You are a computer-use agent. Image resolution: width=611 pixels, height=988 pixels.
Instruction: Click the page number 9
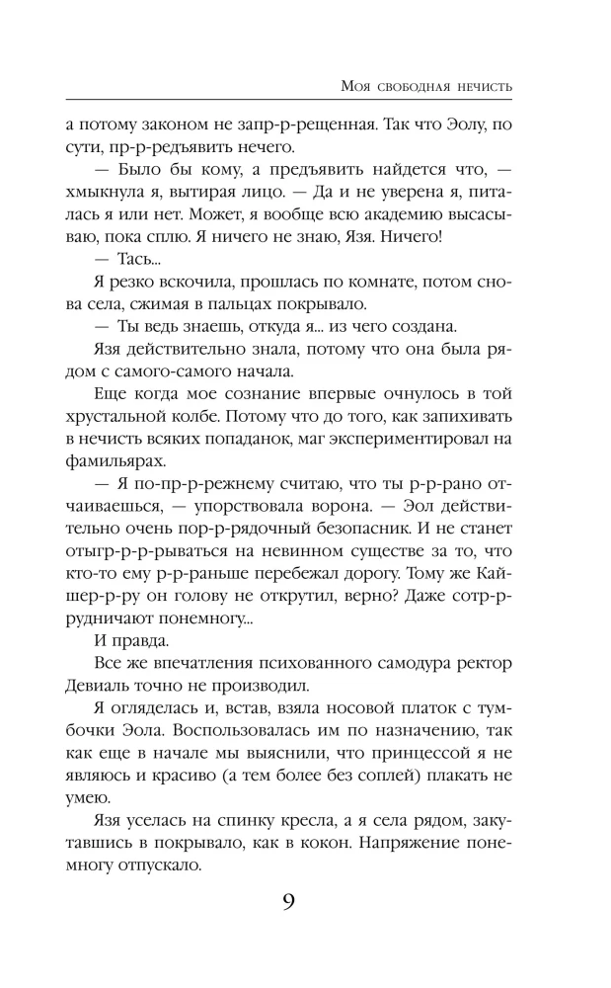pyautogui.click(x=288, y=901)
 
